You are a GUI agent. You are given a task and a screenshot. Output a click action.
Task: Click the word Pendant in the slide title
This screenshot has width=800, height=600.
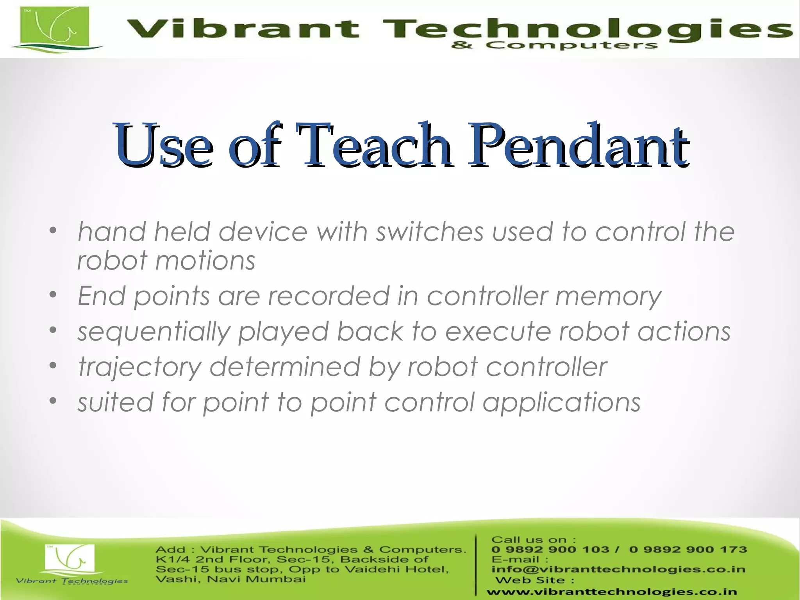(578, 146)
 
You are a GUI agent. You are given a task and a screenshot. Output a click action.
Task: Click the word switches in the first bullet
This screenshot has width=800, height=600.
(429, 232)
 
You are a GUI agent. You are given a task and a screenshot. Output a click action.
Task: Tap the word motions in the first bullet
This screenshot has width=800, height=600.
(205, 261)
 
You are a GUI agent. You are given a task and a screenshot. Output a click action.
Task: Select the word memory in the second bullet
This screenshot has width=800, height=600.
(608, 296)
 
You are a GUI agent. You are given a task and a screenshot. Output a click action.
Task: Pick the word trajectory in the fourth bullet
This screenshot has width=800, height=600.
(140, 368)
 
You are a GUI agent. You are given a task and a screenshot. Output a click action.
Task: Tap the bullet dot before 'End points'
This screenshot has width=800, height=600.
(54, 295)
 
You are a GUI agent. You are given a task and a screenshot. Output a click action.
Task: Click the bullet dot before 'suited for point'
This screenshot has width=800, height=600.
(54, 401)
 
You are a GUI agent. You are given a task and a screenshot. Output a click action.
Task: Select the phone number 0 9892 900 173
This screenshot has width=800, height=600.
(688, 550)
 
